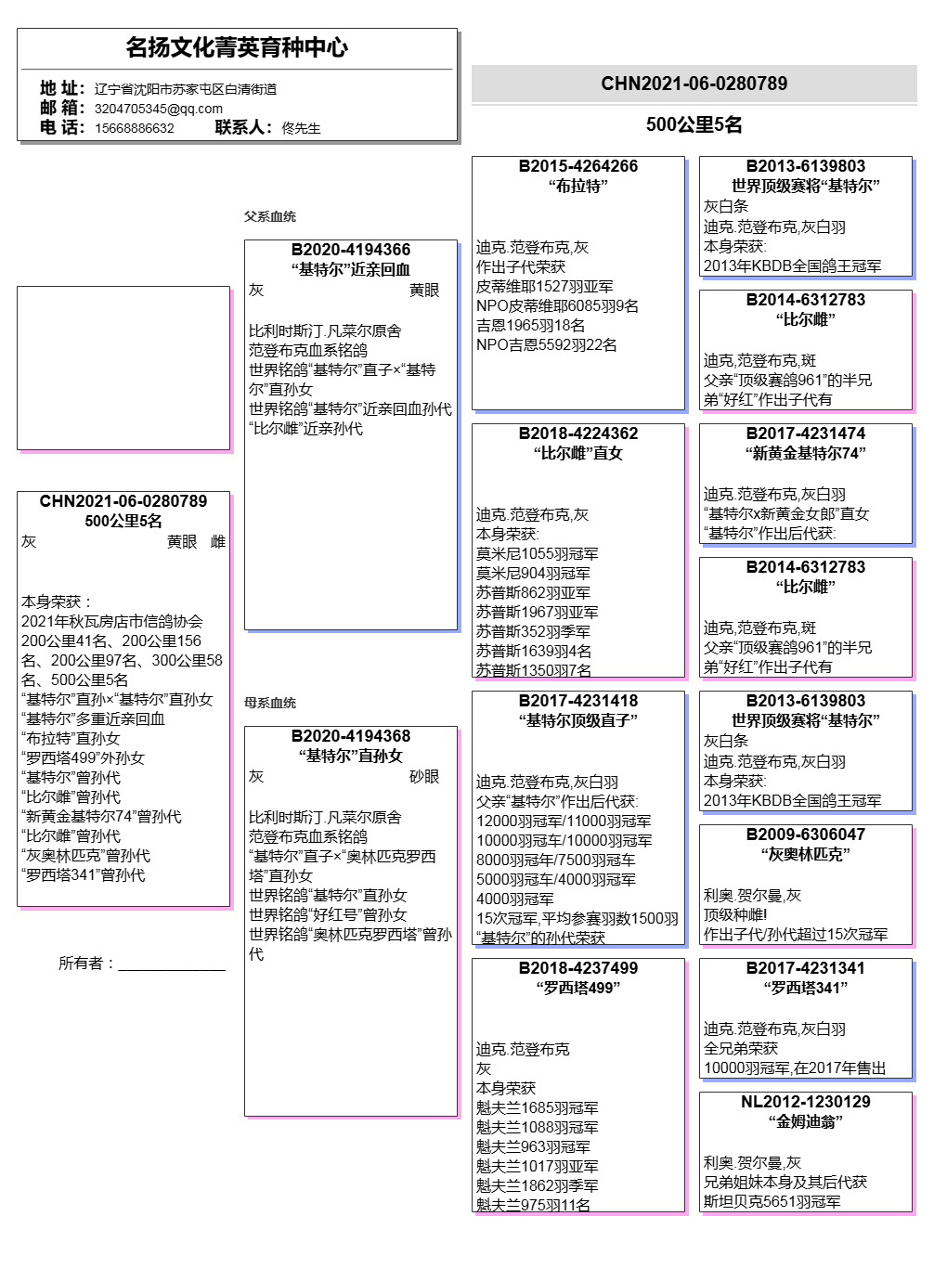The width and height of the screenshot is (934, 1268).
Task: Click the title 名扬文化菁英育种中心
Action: click(x=237, y=47)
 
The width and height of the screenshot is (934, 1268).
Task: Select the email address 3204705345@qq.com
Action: click(x=158, y=109)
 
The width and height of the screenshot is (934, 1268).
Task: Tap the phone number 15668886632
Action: click(x=134, y=128)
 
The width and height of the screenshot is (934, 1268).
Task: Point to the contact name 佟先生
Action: click(x=301, y=128)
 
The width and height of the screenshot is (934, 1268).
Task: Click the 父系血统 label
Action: click(x=270, y=216)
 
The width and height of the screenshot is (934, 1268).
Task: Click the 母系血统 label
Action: click(x=270, y=703)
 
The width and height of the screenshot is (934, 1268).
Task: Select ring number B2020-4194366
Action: click(x=351, y=250)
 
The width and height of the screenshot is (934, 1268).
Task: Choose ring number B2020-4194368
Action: click(x=351, y=736)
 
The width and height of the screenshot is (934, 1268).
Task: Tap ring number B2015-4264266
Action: click(x=578, y=166)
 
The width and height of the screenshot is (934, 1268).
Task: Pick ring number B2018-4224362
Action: click(x=578, y=433)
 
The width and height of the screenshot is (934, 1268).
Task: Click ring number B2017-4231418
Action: click(x=578, y=701)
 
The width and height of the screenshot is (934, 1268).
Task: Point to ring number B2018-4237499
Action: click(x=578, y=968)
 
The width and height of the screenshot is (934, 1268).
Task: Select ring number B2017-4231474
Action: click(x=806, y=433)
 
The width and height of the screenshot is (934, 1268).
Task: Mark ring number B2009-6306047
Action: click(x=806, y=835)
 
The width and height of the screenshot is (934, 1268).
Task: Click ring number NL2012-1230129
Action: click(x=806, y=1102)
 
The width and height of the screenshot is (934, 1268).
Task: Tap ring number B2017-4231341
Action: click(x=806, y=968)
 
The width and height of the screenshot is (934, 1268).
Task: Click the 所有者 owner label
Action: click(x=86, y=964)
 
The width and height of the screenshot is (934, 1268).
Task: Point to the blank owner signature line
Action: click(x=172, y=967)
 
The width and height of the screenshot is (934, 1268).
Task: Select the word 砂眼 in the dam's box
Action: click(x=424, y=777)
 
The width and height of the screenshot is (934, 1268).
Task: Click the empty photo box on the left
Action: click(x=123, y=368)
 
